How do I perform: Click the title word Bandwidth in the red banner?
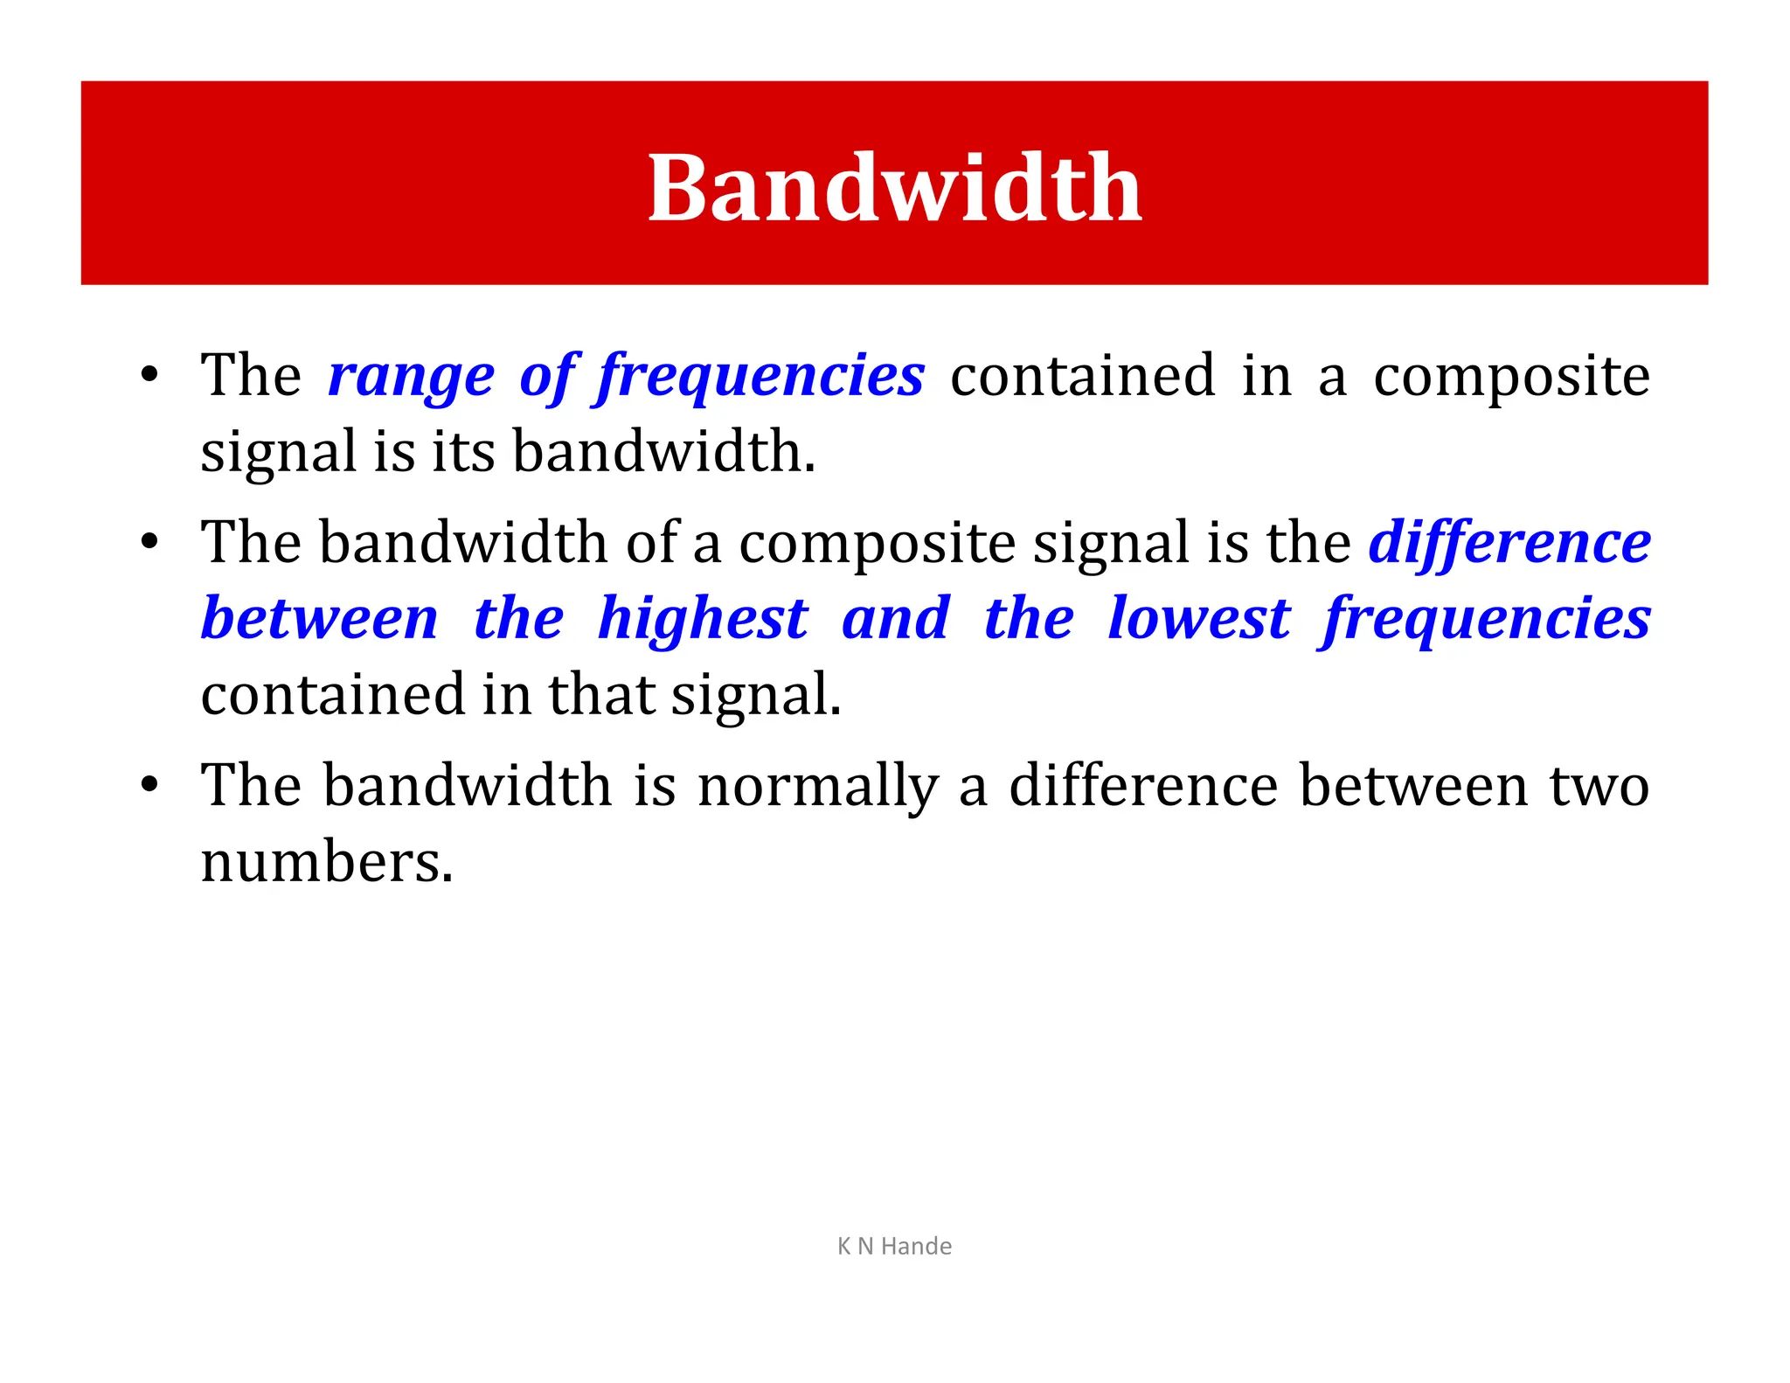(x=894, y=188)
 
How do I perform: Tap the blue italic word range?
(x=411, y=378)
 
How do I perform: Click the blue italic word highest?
(x=703, y=620)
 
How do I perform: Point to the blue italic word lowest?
(x=1198, y=620)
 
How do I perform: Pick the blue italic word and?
(x=895, y=620)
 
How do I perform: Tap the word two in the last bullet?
(x=1599, y=785)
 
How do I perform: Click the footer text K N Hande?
(x=894, y=1246)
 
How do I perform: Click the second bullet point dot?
(x=149, y=543)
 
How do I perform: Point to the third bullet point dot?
(x=149, y=785)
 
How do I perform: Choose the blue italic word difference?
(x=1509, y=543)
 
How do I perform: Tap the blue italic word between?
(x=320, y=620)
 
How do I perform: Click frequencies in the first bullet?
(x=760, y=378)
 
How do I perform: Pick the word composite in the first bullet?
(x=1511, y=378)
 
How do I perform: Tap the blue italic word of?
(x=548, y=378)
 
